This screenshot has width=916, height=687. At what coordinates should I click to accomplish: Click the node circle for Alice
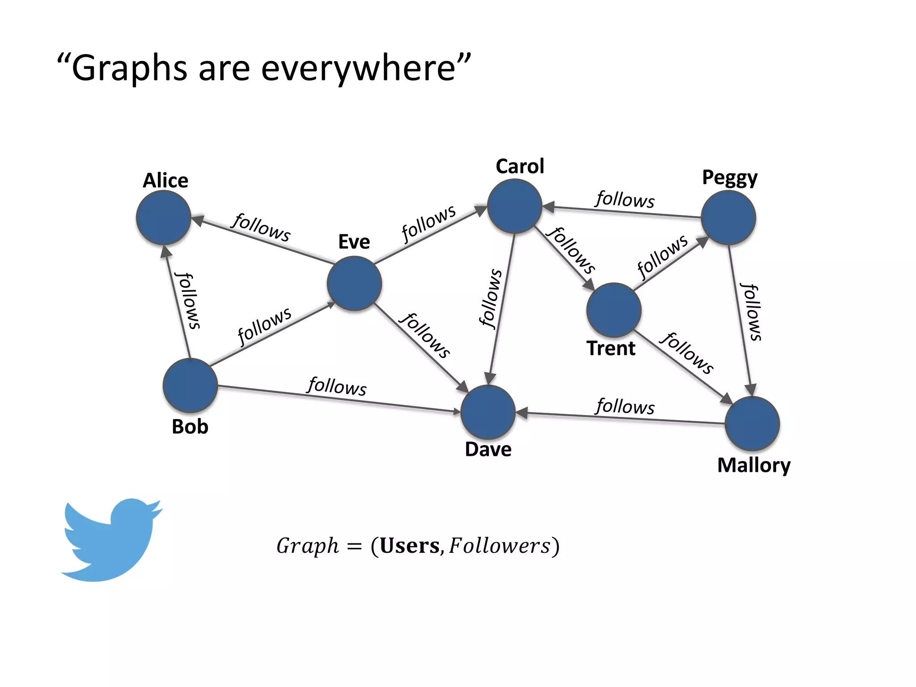coord(164,217)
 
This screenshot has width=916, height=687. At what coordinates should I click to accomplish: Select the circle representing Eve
coord(354,283)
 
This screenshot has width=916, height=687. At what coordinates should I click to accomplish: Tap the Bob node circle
coord(191,385)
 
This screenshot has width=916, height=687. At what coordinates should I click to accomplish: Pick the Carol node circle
coord(515,206)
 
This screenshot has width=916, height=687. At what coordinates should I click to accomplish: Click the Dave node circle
coord(488,412)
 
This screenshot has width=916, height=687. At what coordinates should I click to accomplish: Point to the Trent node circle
coord(614,310)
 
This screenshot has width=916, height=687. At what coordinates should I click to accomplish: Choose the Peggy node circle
coord(728,217)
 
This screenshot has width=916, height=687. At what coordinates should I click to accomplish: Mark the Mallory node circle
coord(752,423)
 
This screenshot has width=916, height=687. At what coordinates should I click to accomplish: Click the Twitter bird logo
coord(112,539)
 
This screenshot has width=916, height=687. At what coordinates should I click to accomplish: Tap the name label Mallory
coord(754,466)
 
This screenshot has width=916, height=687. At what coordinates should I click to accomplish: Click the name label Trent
coord(611,348)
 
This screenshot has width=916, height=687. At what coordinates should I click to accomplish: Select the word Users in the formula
coord(409,546)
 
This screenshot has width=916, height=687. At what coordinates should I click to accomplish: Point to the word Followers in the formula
coord(500,546)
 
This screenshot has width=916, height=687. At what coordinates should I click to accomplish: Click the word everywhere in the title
coord(358,68)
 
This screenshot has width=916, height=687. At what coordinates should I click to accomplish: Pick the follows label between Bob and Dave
coord(337,386)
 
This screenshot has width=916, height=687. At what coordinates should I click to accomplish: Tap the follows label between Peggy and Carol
coord(625,199)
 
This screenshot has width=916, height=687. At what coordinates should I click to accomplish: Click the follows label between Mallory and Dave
coord(625,406)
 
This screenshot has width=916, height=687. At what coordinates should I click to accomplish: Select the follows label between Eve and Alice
coord(261,227)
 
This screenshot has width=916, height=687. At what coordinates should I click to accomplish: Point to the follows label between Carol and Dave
coord(491,299)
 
